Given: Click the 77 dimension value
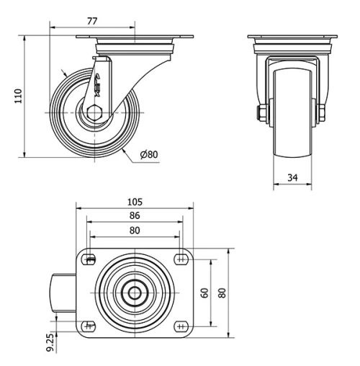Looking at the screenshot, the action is tap(92, 21).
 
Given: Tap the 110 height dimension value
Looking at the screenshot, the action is tap(19, 96).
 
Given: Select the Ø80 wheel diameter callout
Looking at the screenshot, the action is tap(149, 154).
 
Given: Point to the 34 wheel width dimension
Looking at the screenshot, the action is tap(292, 178).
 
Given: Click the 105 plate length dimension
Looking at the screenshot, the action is tap(135, 202).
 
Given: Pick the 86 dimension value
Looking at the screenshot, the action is tap(135, 215).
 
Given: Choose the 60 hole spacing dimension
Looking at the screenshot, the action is tap(204, 293).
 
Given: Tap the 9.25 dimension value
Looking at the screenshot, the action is tap(51, 342).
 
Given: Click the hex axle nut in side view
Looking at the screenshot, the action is tap(95, 112).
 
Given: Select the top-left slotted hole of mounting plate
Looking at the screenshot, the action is tap(89, 259).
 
